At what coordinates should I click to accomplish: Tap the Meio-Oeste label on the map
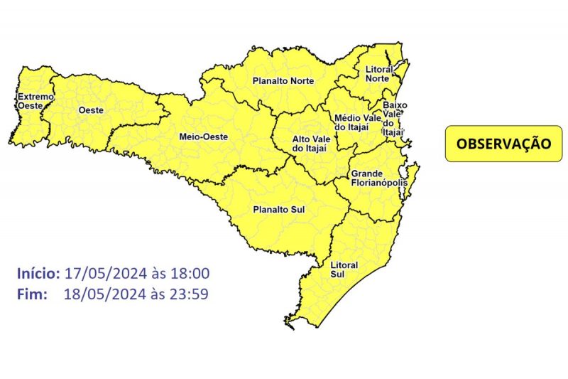(x=203, y=137)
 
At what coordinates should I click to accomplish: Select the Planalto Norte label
(x=283, y=82)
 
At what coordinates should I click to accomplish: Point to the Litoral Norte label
(x=378, y=74)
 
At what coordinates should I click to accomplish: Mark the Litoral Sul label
(x=344, y=269)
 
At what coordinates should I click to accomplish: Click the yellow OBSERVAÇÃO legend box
(x=503, y=144)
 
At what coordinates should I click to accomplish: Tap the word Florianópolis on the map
(x=381, y=183)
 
